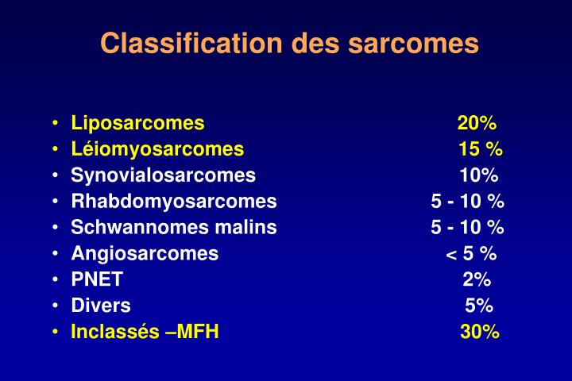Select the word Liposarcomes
137,123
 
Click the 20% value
477,123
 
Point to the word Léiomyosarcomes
157,149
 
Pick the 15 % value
480,149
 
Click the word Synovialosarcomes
163,175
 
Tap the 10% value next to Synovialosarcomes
478,175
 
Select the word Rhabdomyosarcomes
174,202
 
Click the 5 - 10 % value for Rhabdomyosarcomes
467,202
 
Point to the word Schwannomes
135,228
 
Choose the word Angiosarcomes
145,254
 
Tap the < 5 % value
471,254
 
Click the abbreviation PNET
97,280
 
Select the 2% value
477,280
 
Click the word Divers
101,306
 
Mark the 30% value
479,333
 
